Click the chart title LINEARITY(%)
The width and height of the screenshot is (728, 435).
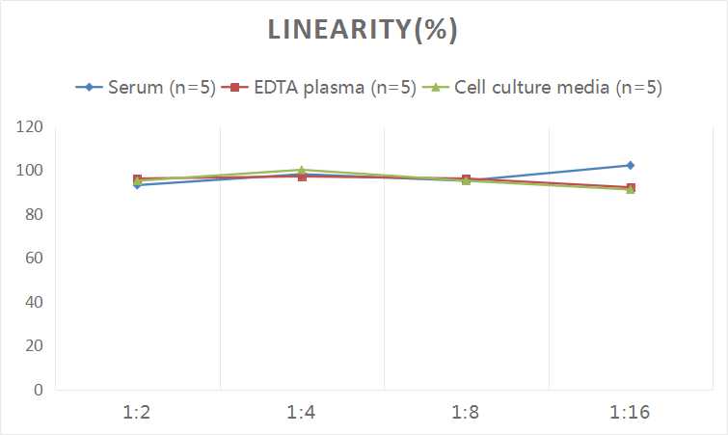363,30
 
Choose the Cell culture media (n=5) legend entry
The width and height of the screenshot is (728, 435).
545,88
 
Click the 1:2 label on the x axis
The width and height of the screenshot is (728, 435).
138,412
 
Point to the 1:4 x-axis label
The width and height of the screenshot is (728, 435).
302,412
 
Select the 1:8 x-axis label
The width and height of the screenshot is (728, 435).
466,412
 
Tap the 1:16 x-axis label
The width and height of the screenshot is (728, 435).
631,412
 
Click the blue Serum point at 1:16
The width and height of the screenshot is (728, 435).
631,165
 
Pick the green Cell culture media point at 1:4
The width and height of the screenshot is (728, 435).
302,170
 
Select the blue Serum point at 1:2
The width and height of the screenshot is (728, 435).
138,184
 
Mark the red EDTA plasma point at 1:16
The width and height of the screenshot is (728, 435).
631,187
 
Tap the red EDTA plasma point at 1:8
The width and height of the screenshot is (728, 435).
466,179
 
